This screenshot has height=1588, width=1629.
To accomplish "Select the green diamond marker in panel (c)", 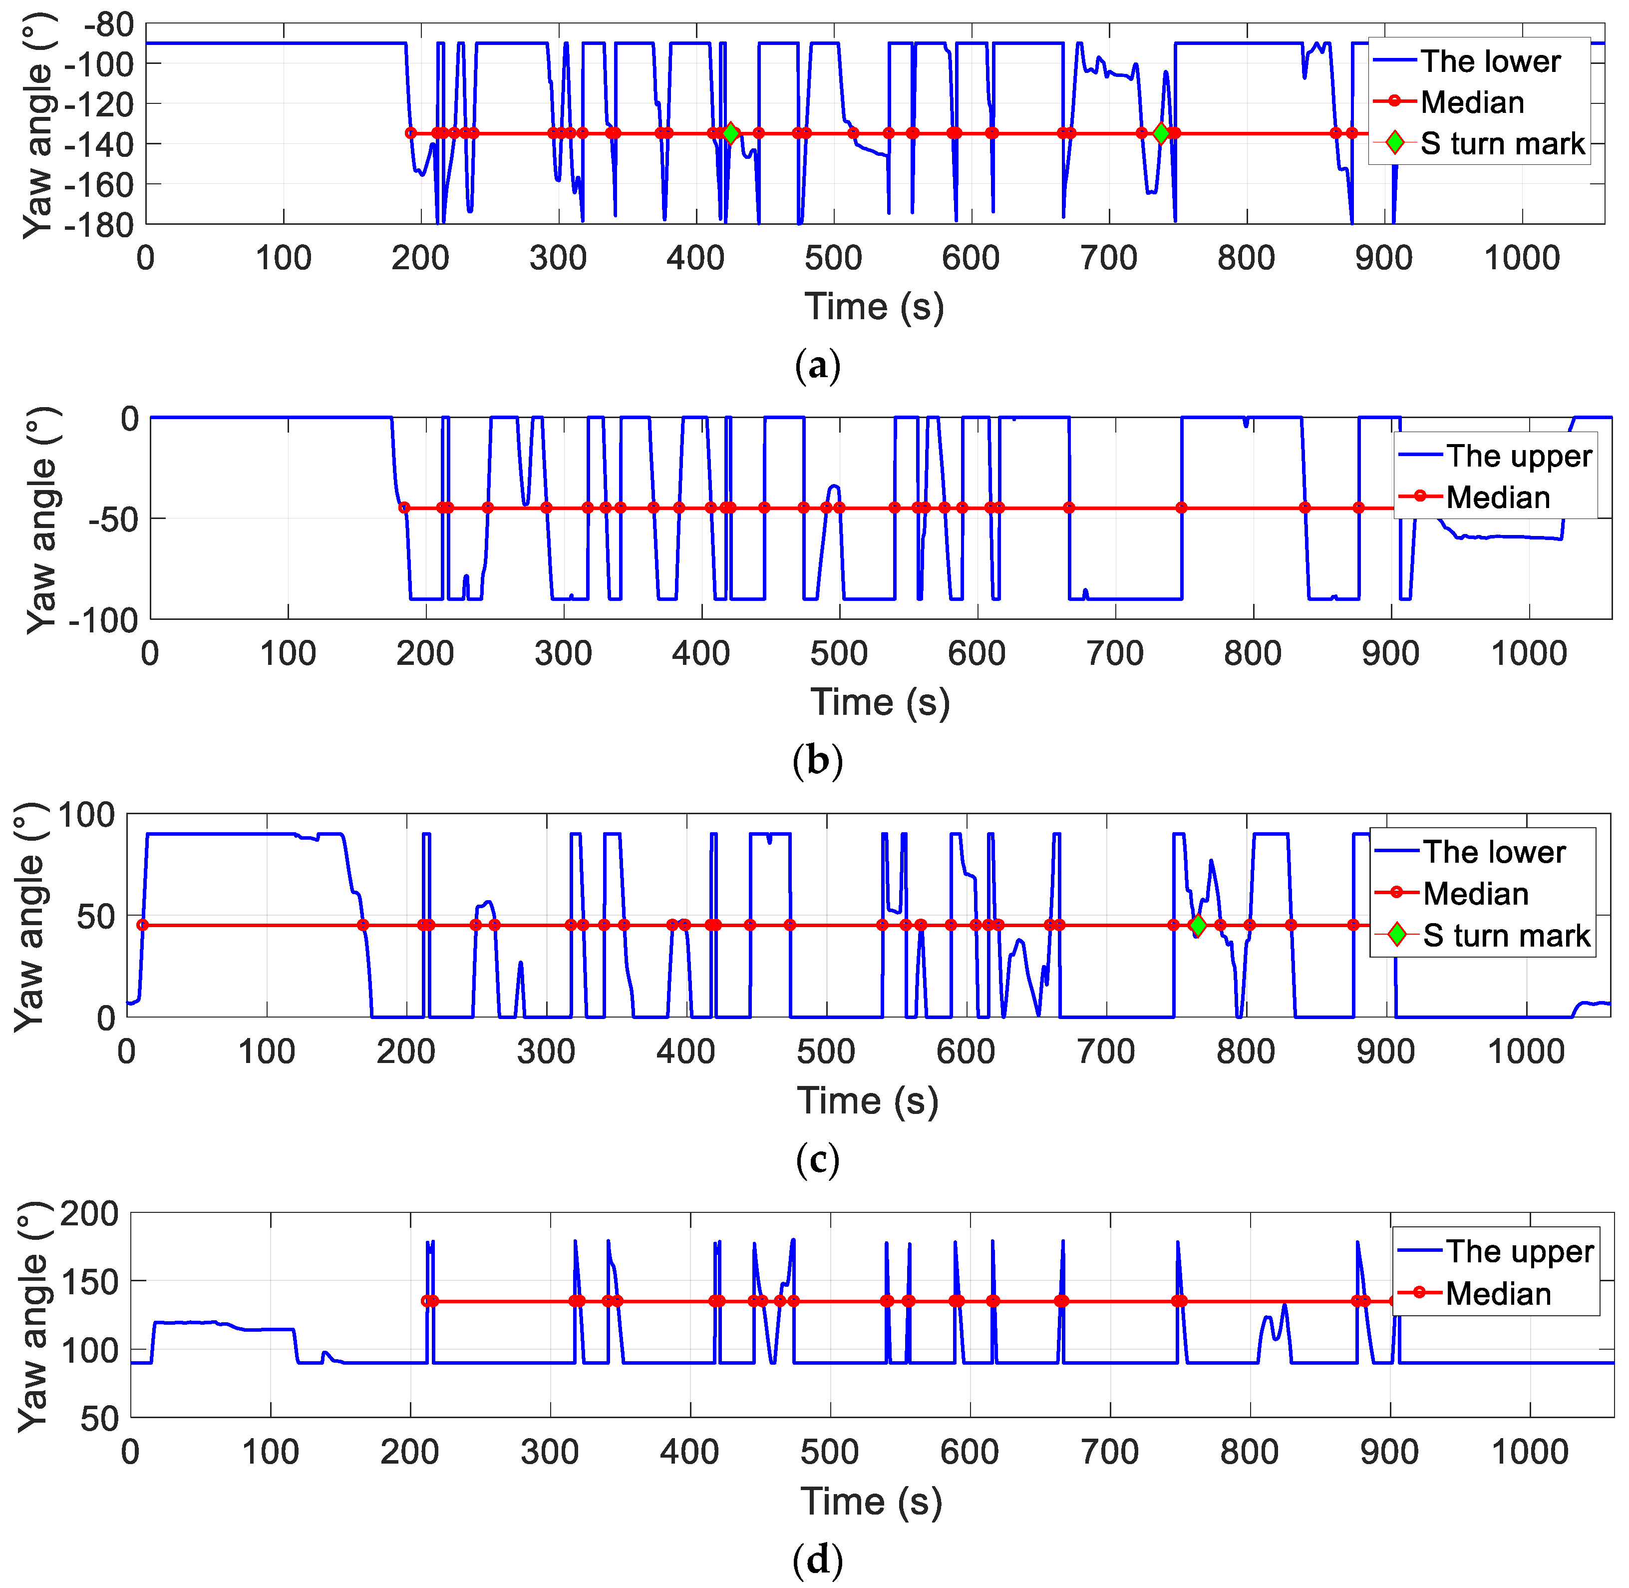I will pos(1197,925).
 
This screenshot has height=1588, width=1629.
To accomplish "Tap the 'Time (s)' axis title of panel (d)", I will pos(871,1501).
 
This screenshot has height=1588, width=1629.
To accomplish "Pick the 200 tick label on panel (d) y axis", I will pos(89,1213).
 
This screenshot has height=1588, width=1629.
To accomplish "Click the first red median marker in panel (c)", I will pos(143,925).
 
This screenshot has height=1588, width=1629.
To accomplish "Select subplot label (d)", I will pos(817,1560).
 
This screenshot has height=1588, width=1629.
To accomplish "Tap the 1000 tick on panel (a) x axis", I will pos(1522,259).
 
